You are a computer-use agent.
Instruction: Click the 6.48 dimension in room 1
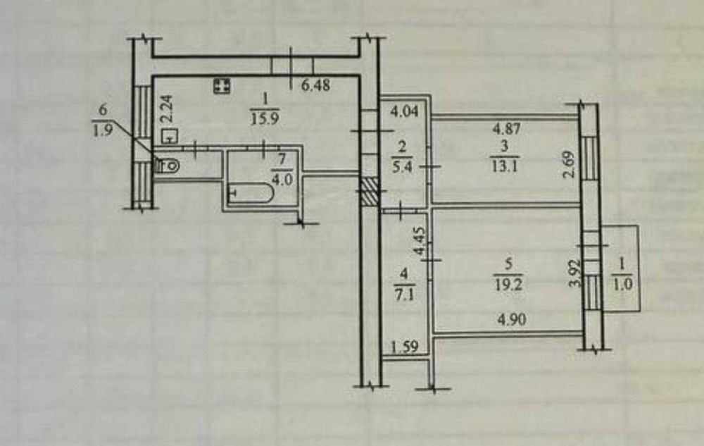(x=315, y=85)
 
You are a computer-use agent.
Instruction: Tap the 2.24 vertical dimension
(x=167, y=109)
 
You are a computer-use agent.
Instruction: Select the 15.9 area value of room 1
(x=265, y=118)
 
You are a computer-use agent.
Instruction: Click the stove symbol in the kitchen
(x=222, y=86)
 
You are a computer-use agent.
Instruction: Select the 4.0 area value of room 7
(x=283, y=179)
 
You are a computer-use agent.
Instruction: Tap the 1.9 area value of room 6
(x=102, y=132)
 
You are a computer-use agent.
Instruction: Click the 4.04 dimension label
(x=404, y=111)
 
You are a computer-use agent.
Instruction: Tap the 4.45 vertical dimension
(x=420, y=241)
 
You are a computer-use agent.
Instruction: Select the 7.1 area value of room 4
(x=404, y=295)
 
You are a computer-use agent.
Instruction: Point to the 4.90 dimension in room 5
(x=513, y=320)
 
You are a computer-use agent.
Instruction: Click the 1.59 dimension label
(x=405, y=347)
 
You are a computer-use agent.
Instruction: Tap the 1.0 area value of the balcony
(x=622, y=285)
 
